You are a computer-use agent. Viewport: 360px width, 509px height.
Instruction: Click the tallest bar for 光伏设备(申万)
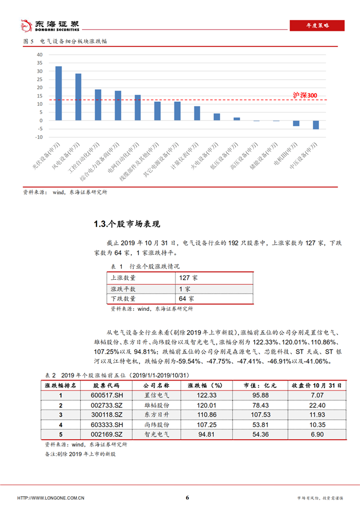click(58, 93)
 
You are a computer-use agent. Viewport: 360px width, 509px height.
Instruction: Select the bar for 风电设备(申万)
click(78, 97)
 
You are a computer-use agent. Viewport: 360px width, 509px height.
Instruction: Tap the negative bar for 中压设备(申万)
click(316, 125)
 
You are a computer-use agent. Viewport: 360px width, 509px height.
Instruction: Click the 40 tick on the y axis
click(39, 55)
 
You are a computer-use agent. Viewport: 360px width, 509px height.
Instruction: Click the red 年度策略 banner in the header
click(317, 25)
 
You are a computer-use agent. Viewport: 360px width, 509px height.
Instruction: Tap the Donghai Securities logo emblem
click(25, 25)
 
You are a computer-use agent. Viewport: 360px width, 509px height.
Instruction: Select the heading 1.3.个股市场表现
click(127, 224)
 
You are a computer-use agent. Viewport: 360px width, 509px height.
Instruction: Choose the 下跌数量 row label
click(123, 299)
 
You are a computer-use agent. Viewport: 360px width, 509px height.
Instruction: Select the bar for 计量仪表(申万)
click(197, 114)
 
